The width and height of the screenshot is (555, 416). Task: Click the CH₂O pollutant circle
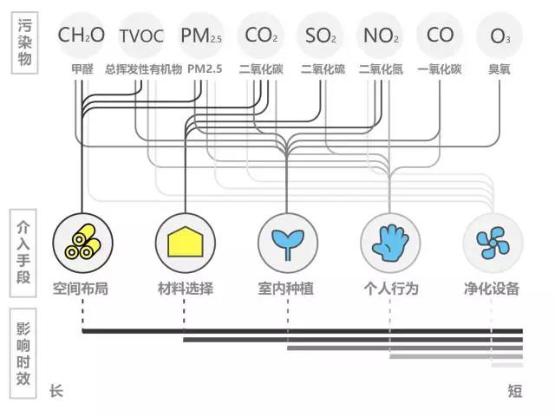tap(81, 36)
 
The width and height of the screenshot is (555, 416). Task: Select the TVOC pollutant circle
tap(141, 36)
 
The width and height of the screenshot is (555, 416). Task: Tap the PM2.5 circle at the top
tap(201, 36)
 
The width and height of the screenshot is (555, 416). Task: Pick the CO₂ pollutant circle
tap(261, 36)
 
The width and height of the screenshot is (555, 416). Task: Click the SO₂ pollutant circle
tap(321, 36)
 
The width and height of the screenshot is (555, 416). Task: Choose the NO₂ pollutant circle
tap(381, 36)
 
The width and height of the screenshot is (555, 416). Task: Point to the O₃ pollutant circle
tap(500, 36)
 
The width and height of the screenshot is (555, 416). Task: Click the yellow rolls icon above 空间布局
tap(82, 241)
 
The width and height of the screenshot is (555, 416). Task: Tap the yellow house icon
tap(184, 241)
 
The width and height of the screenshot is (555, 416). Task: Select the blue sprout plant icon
tap(286, 241)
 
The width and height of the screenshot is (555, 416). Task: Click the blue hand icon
tap(389, 241)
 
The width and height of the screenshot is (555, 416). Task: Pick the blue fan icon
tap(492, 241)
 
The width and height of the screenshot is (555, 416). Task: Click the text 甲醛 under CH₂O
tap(82, 68)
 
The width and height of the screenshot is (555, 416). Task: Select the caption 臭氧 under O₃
tap(500, 68)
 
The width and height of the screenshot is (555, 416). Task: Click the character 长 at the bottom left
tap(56, 392)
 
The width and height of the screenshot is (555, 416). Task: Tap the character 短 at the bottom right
tap(515, 392)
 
